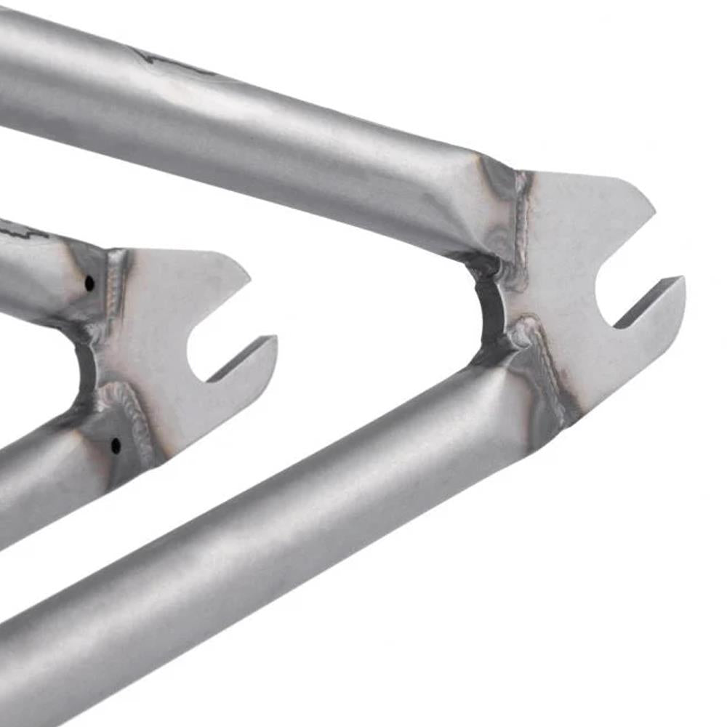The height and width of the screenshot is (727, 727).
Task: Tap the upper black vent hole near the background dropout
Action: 89,283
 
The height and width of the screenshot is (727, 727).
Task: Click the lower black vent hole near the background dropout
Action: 116,445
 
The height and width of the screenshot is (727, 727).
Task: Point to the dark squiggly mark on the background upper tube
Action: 22,233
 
